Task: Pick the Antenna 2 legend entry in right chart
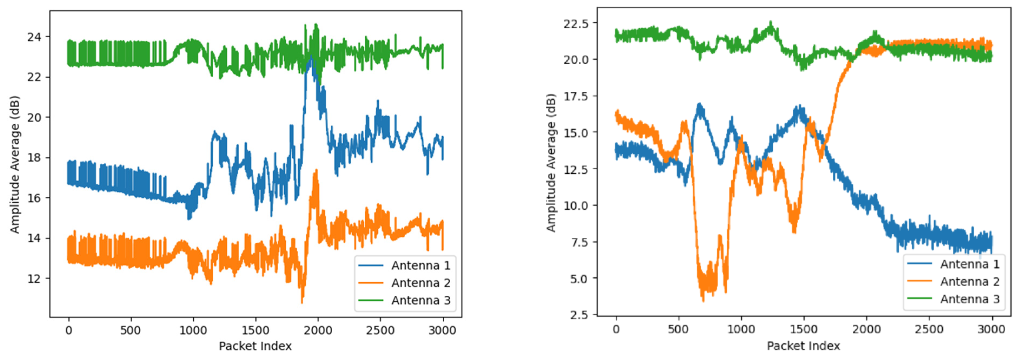click(x=969, y=282)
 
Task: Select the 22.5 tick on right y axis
click(x=575, y=23)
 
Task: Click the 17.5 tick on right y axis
click(x=575, y=96)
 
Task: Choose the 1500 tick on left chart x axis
click(x=255, y=330)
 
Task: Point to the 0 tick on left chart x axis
click(x=69, y=330)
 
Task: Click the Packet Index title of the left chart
click(x=255, y=346)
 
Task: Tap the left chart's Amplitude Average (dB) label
click(x=15, y=164)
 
